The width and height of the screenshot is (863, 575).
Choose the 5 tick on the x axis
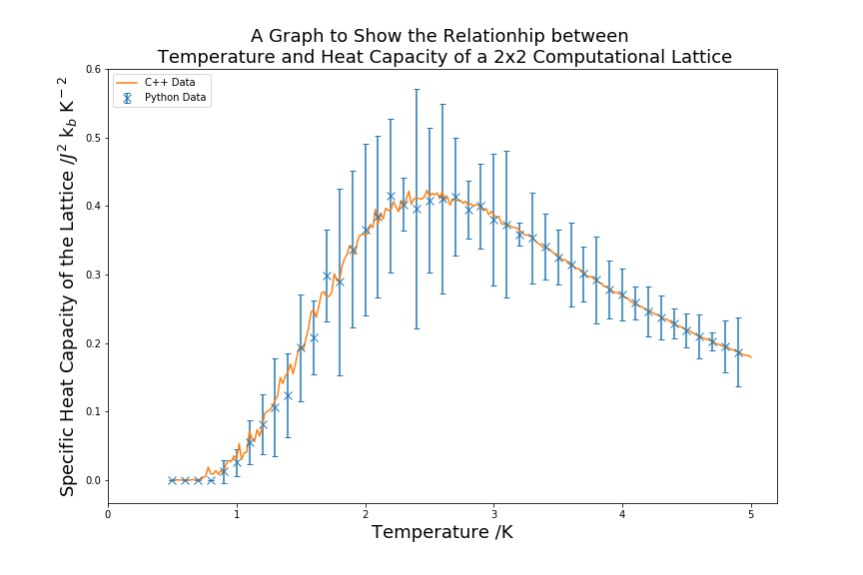[x=751, y=514]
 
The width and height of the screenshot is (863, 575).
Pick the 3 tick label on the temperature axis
[x=493, y=514]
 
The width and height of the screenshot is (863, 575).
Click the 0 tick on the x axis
[x=108, y=514]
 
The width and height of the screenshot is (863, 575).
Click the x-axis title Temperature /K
[x=442, y=533]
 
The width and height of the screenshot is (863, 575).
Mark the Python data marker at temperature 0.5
[x=172, y=480]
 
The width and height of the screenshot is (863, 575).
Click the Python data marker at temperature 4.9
[x=738, y=352]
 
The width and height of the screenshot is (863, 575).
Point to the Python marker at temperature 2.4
[x=417, y=209]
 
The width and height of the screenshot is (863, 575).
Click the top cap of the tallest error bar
[x=417, y=90]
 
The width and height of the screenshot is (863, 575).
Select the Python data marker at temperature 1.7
[x=327, y=276]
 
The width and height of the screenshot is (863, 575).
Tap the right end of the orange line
[x=751, y=356]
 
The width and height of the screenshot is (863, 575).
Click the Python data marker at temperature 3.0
[x=493, y=220]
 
